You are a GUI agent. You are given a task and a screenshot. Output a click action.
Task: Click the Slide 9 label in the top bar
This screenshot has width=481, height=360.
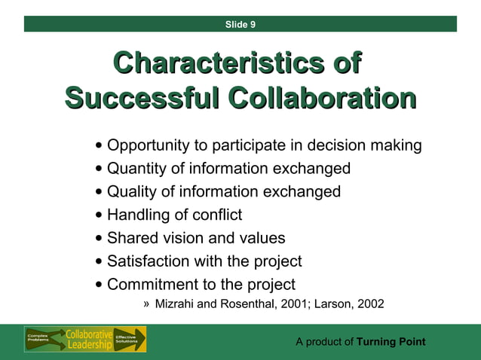(x=240, y=25)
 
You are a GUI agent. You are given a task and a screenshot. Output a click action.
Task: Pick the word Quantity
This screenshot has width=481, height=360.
(x=136, y=169)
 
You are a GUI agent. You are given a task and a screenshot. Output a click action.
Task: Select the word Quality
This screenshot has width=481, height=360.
(x=131, y=192)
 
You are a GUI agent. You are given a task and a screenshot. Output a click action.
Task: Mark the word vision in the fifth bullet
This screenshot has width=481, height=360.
(x=176, y=239)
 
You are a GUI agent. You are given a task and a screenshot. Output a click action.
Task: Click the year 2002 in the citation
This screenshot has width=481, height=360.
(x=370, y=304)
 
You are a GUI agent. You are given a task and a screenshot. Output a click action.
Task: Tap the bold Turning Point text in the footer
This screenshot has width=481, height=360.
(x=391, y=342)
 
